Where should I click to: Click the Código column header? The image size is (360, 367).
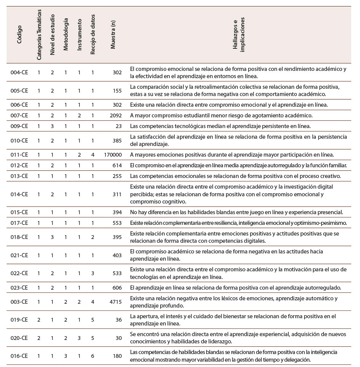[x=19, y=34]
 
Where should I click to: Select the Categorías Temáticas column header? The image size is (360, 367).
[x=39, y=34]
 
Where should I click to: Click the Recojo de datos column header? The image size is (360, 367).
[x=92, y=34]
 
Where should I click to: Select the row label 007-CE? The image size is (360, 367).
[x=19, y=115]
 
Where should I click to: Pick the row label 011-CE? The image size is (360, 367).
[x=19, y=154]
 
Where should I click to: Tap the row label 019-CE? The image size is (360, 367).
[x=19, y=320]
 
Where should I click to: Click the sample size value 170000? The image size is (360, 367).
[x=113, y=154]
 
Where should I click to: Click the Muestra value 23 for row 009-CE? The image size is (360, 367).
[x=118, y=126]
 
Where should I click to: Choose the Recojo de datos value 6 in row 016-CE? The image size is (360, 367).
[x=92, y=356]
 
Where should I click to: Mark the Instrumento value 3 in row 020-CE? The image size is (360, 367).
[x=79, y=338]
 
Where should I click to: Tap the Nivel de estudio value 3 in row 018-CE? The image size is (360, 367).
[x=52, y=237]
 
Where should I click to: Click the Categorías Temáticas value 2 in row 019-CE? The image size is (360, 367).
[x=39, y=320]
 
